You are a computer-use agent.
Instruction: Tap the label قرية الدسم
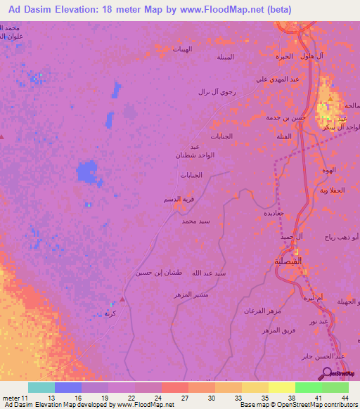(x=178, y=200)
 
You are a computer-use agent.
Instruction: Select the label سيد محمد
(x=195, y=221)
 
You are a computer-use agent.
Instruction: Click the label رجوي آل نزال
(x=213, y=92)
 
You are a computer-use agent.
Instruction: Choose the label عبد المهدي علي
(x=271, y=79)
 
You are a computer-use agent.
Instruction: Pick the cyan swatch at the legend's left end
(x=41, y=387)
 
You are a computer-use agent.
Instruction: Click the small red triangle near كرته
(x=122, y=299)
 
